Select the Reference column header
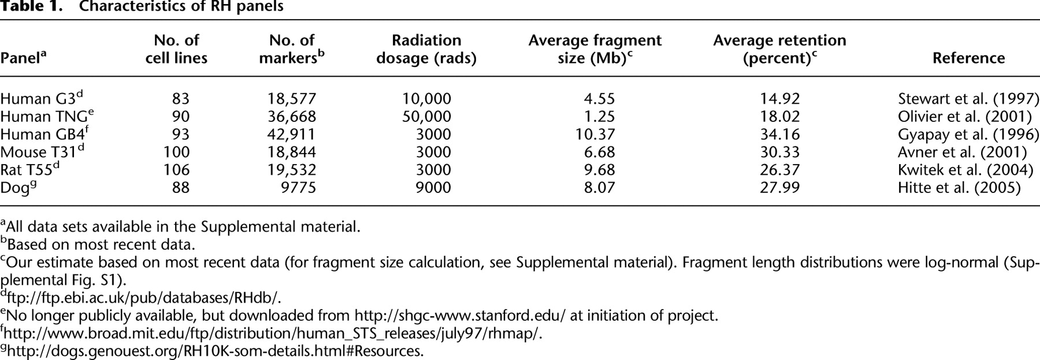pyautogui.click(x=968, y=58)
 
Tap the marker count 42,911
pyautogui.click(x=287, y=134)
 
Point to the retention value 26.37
pyautogui.click(x=780, y=170)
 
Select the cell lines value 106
pyautogui.click(x=176, y=170)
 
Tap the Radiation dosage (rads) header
pyautogui.click(x=426, y=49)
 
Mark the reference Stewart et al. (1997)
pyautogui.click(x=968, y=98)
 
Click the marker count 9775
pyautogui.click(x=298, y=188)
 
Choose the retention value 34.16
pyautogui.click(x=780, y=134)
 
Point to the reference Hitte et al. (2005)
pyautogui.click(x=959, y=188)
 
